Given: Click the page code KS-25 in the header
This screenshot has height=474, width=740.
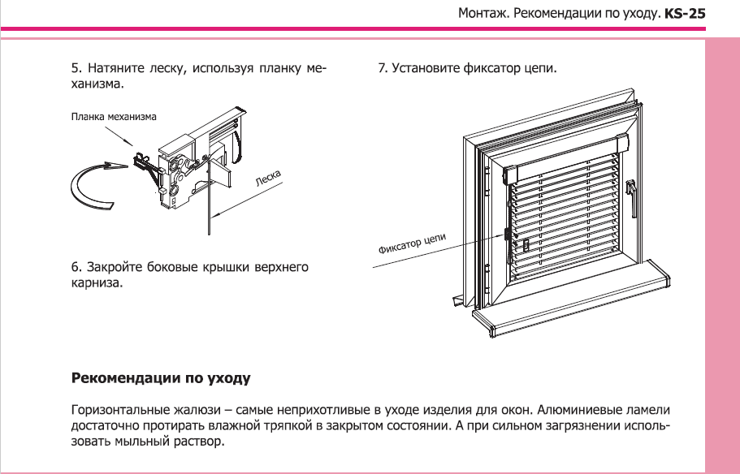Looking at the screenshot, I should (x=685, y=14).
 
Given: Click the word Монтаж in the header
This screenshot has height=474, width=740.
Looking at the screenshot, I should (x=483, y=14).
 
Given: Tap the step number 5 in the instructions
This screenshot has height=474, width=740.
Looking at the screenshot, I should (x=76, y=68).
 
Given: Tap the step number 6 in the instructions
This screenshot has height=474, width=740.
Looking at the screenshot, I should (x=76, y=268).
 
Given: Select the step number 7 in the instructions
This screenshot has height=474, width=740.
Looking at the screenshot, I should (x=381, y=68).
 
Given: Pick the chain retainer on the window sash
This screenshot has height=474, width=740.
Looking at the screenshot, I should (x=508, y=235).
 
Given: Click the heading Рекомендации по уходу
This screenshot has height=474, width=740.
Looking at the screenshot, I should (x=161, y=378).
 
